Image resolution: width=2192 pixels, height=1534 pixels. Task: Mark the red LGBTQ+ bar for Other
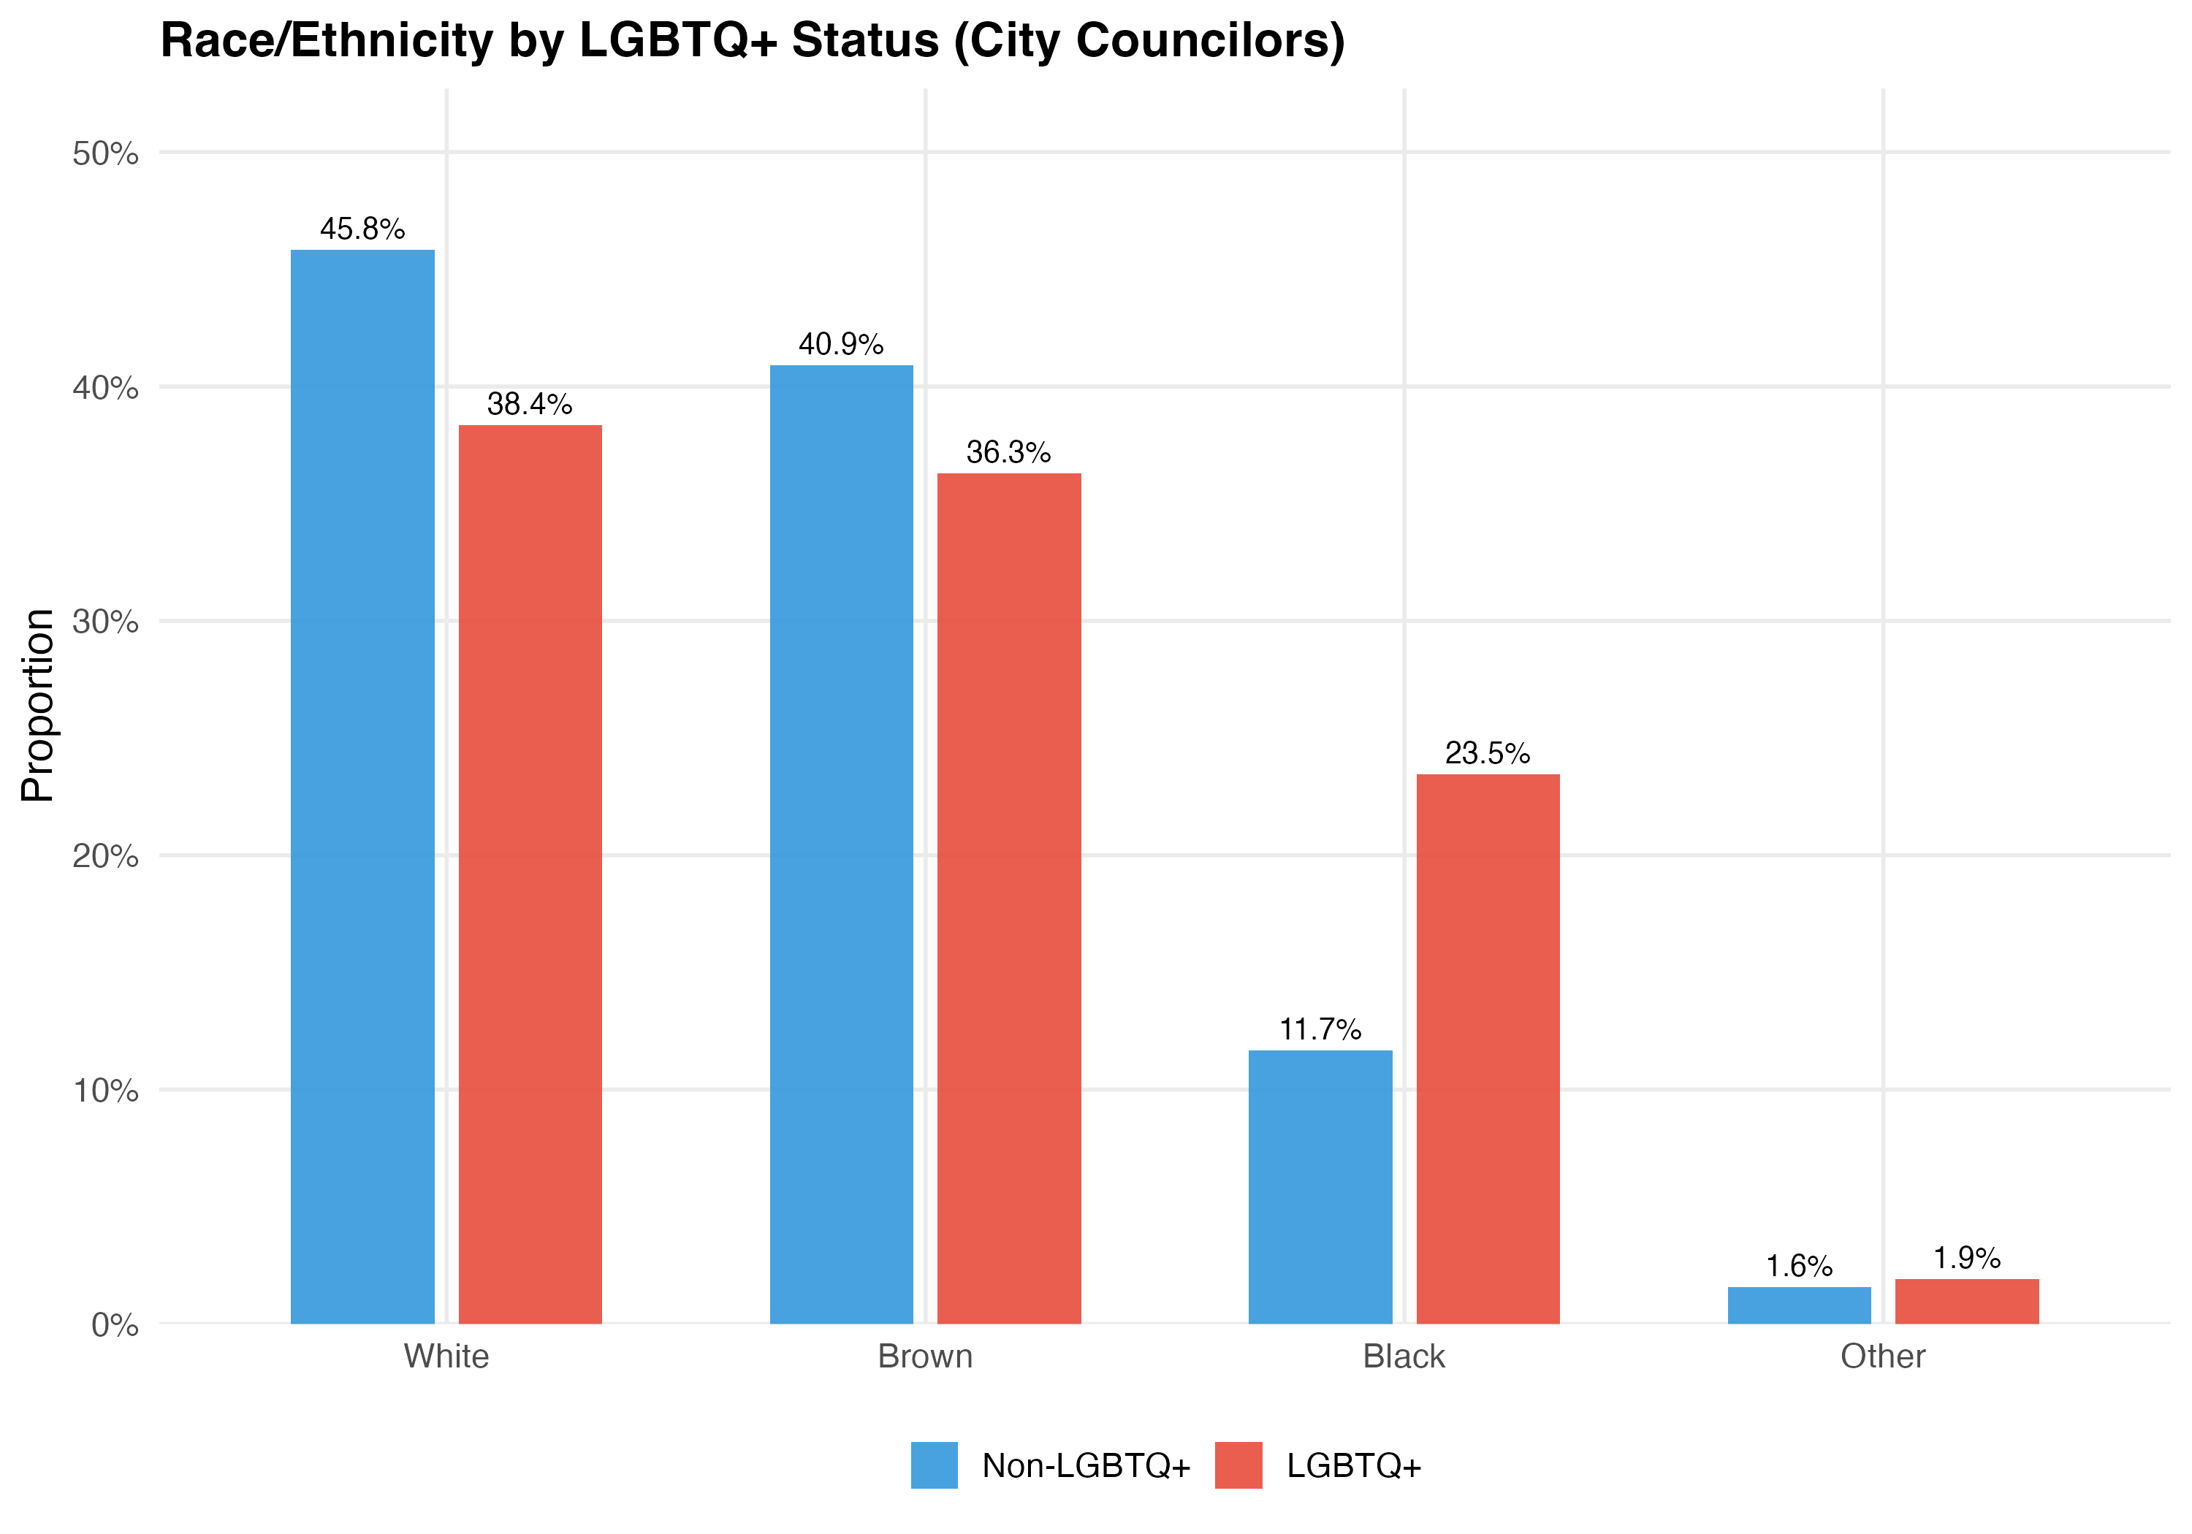(x=1967, y=1301)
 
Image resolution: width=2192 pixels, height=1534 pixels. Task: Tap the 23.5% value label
(x=1488, y=753)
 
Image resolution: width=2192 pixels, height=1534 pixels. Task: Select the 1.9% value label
(x=1967, y=1258)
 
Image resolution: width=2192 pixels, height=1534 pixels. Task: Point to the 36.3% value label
(x=1009, y=452)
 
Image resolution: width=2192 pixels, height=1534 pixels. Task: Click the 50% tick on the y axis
(x=105, y=153)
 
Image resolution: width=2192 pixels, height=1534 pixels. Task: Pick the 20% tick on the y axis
(x=105, y=856)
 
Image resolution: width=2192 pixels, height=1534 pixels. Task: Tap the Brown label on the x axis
(x=925, y=1356)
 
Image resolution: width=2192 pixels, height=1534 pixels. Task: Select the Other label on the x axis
(x=1883, y=1356)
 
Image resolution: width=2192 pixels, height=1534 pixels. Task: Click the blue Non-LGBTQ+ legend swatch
(x=934, y=1465)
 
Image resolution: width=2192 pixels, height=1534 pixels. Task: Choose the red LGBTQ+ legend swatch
(x=1238, y=1465)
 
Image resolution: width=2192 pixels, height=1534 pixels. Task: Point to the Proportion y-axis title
(x=37, y=706)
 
